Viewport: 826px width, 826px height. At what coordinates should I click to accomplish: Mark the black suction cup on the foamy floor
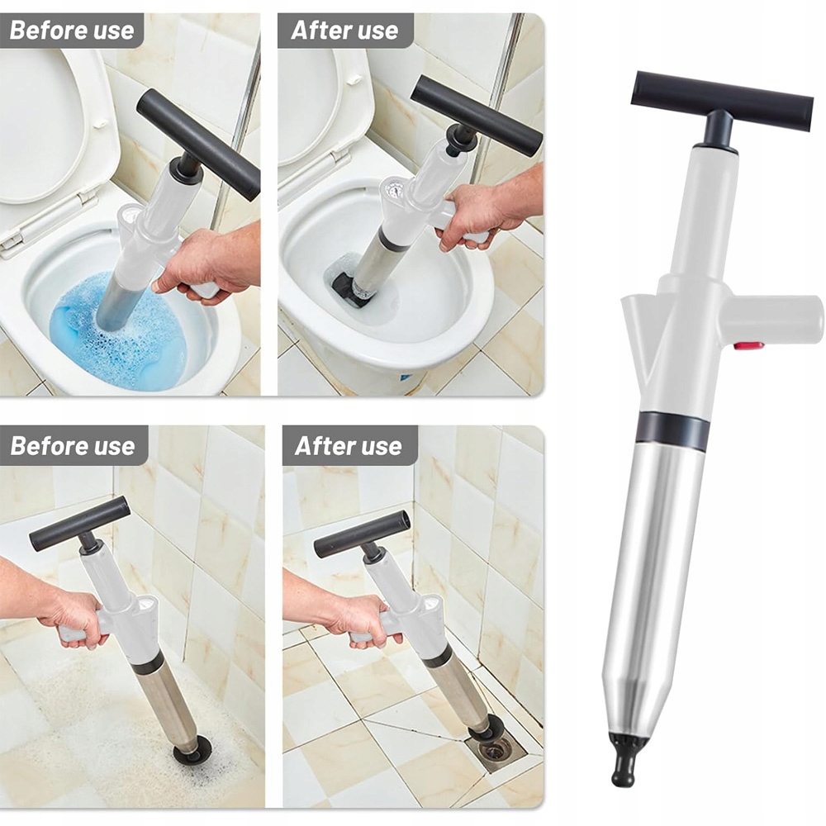[192, 753]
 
